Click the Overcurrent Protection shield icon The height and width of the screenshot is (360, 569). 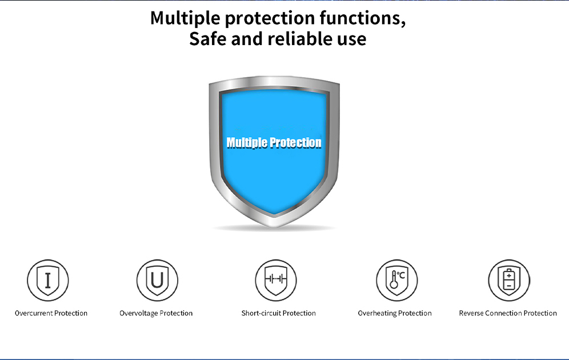(x=48, y=280)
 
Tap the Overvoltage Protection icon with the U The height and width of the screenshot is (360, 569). (x=157, y=280)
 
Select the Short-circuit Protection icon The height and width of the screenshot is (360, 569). (x=276, y=280)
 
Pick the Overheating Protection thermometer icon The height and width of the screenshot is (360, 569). (x=396, y=280)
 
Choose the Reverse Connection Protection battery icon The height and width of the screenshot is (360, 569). (x=509, y=280)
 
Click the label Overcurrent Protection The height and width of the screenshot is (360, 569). (x=51, y=313)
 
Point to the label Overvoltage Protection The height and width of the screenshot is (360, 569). (x=156, y=313)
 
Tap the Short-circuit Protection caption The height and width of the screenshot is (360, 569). (x=278, y=313)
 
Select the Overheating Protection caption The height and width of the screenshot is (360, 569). (x=395, y=313)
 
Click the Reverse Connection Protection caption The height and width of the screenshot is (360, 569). (x=508, y=313)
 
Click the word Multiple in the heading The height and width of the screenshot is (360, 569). (x=185, y=18)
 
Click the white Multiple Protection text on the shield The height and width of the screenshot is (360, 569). (x=274, y=142)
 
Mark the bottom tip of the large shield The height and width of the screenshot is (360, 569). (x=274, y=227)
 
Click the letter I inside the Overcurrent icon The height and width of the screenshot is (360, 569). (x=48, y=279)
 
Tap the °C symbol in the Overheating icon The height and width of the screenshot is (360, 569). (x=400, y=275)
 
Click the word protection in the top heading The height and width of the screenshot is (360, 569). (x=270, y=19)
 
